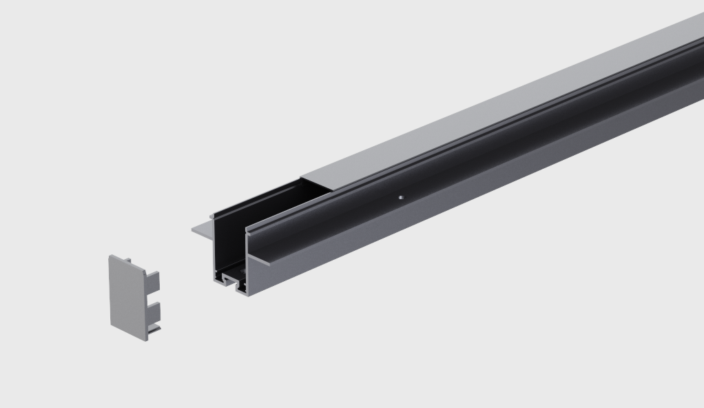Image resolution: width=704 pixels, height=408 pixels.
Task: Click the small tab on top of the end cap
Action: [127, 259]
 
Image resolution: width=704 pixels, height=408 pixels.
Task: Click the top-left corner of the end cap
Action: [110, 257]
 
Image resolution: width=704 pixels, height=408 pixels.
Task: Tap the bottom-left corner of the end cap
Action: [111, 323]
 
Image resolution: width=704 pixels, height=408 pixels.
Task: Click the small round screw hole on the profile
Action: [399, 197]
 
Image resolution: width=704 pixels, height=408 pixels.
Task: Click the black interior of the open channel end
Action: [231, 241]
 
